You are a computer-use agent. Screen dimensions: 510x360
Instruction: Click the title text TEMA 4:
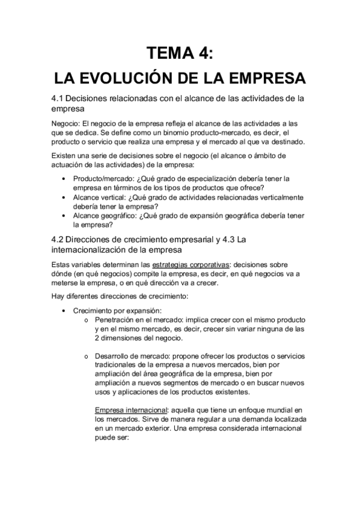[x=180, y=53]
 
